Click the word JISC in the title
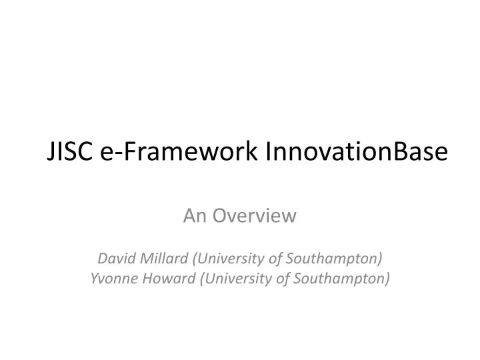tap(71, 152)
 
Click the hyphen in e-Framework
tap(115, 153)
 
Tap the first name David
tap(115, 257)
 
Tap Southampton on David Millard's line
tap(339, 257)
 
